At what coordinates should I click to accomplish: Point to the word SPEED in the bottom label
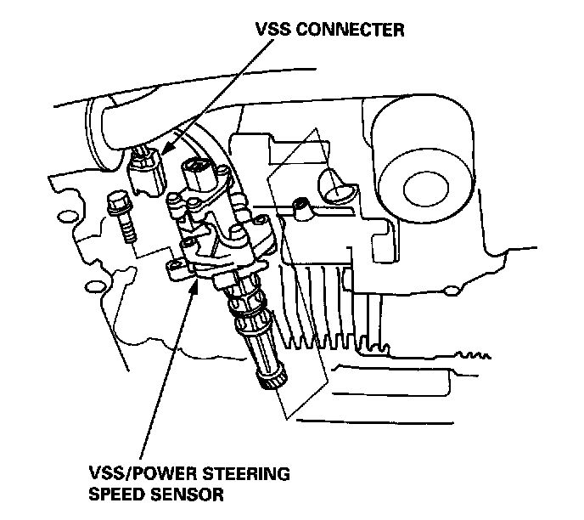(117, 493)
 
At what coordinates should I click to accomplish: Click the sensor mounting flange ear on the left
(175, 267)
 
